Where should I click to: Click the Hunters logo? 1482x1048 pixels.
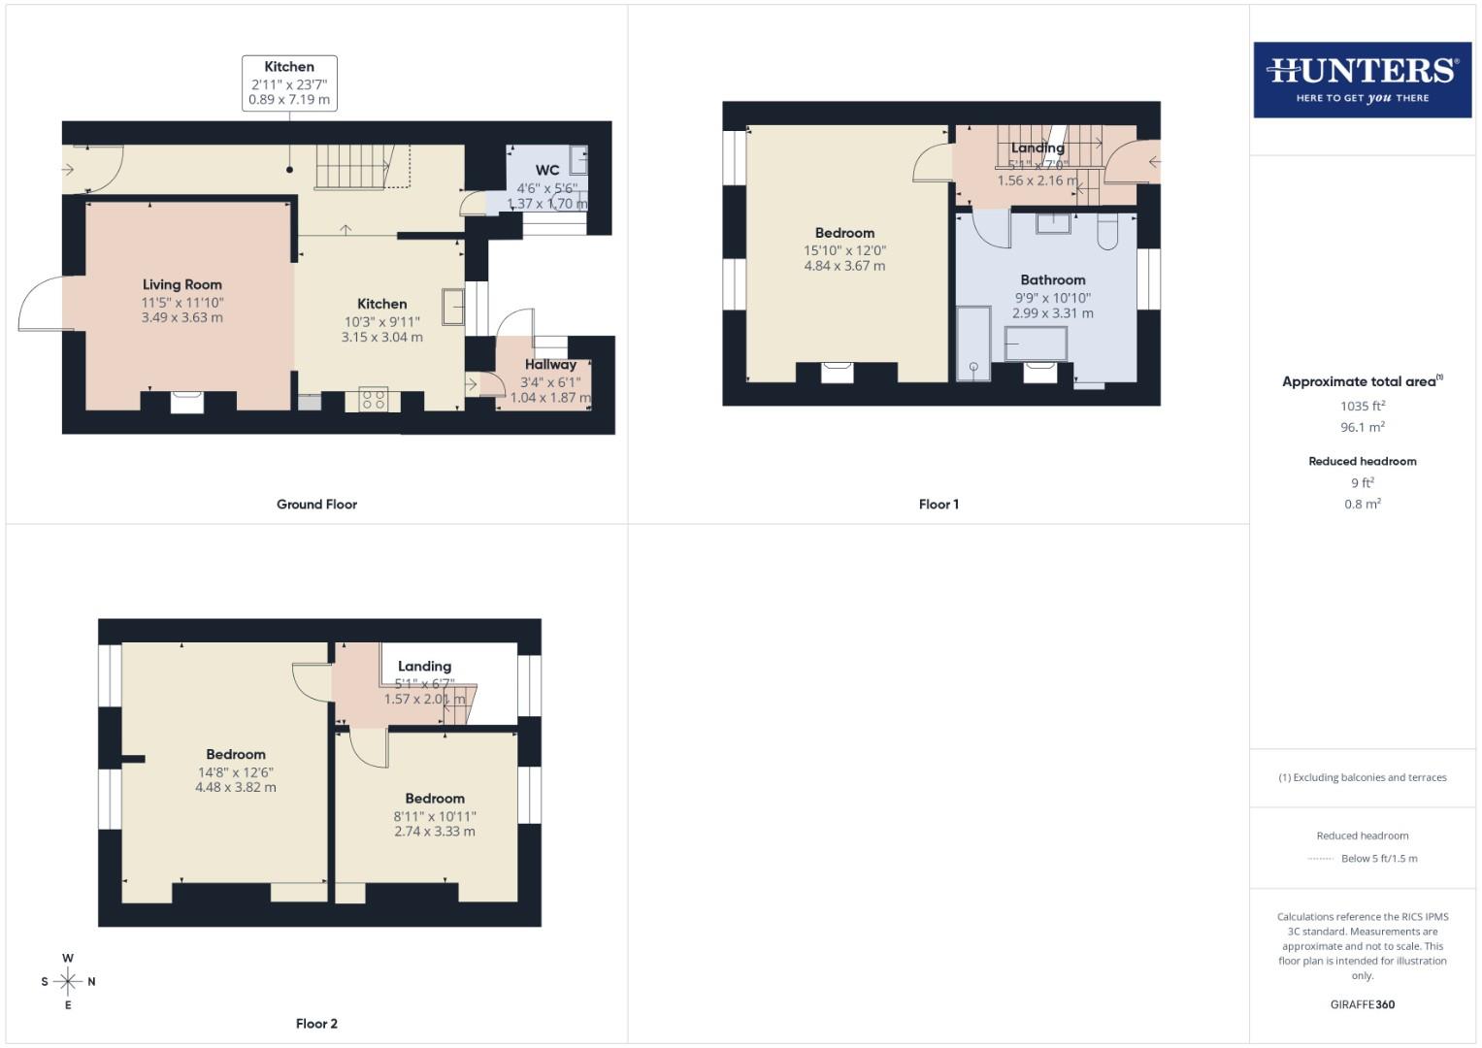pyautogui.click(x=1362, y=80)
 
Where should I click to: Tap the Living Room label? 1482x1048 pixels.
pyautogui.click(x=182, y=284)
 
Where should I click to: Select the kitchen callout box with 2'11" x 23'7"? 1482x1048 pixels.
pyautogui.click(x=289, y=82)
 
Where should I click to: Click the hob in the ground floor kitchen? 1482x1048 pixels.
pyautogui.click(x=374, y=399)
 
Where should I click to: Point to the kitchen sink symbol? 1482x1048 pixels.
pyautogui.click(x=453, y=306)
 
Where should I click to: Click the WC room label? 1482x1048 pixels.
pyautogui.click(x=547, y=170)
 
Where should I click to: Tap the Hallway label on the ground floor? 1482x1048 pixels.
pyautogui.click(x=550, y=365)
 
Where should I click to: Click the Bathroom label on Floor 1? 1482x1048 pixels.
pyautogui.click(x=1052, y=279)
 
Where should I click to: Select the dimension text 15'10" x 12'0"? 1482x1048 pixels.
pyautogui.click(x=844, y=249)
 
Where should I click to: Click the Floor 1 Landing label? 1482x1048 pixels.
pyautogui.click(x=1037, y=147)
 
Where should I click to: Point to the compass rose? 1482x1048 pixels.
pyautogui.click(x=68, y=981)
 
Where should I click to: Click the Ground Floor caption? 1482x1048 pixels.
pyautogui.click(x=316, y=505)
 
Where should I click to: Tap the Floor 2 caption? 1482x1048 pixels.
pyautogui.click(x=316, y=1024)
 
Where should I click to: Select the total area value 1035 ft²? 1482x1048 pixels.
pyautogui.click(x=1362, y=407)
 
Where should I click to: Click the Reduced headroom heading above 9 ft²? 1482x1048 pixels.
pyautogui.click(x=1362, y=461)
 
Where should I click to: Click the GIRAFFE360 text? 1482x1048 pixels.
pyautogui.click(x=1362, y=1004)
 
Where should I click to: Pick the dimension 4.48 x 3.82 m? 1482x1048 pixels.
pyautogui.click(x=236, y=787)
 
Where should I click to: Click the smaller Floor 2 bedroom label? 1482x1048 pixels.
pyautogui.click(x=435, y=799)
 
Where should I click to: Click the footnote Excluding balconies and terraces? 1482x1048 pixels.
pyautogui.click(x=1362, y=777)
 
